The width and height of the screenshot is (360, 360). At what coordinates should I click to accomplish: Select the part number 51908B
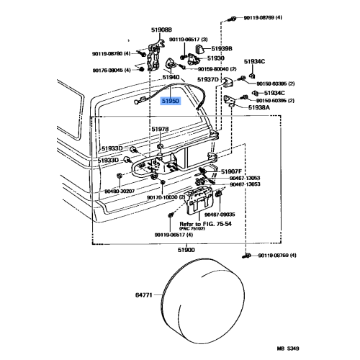[162, 30]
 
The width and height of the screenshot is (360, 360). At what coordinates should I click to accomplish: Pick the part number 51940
[171, 76]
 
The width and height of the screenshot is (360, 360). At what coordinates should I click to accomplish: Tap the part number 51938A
[259, 107]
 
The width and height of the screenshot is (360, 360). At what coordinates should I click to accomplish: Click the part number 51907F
[233, 171]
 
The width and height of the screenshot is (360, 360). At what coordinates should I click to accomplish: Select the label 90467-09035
[220, 214]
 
